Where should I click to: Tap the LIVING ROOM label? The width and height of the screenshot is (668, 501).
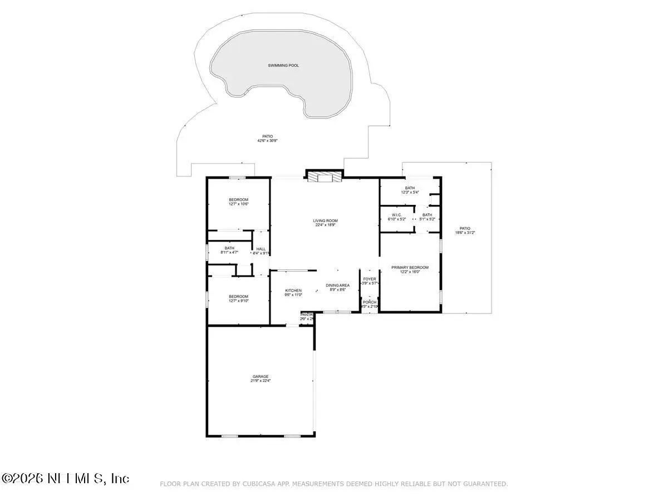coord(325,221)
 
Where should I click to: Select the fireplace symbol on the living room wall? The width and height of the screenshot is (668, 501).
coord(323,177)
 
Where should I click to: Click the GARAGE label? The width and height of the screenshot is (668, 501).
coord(260,376)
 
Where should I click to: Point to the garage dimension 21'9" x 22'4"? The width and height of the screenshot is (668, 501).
coord(260,381)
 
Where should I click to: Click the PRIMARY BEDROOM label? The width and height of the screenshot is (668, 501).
coord(410,267)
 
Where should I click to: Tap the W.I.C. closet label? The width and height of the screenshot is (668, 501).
coord(396,214)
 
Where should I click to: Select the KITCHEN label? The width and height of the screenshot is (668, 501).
coord(293,291)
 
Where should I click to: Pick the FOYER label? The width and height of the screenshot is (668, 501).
coord(370,279)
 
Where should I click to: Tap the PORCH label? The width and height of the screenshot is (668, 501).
coord(370,302)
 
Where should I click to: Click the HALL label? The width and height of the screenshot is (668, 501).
coord(261,249)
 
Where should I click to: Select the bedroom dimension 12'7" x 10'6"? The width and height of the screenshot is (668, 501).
coord(238,204)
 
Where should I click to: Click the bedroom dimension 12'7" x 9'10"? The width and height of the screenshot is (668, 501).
coord(238,301)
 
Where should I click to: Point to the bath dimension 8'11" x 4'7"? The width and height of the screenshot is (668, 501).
coord(229,253)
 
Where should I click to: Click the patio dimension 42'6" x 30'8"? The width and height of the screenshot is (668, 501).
coord(267,141)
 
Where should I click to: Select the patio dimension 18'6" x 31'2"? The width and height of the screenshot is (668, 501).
coord(465,233)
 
